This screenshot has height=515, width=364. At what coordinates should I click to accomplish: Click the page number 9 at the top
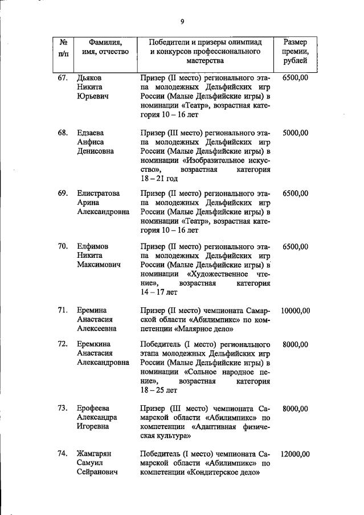click(x=182, y=22)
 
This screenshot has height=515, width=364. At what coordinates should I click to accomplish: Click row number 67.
click(x=63, y=77)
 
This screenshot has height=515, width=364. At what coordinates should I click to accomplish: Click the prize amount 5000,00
click(x=295, y=133)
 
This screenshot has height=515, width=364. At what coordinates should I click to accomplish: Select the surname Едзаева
click(x=92, y=133)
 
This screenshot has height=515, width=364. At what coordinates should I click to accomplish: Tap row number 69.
click(x=63, y=193)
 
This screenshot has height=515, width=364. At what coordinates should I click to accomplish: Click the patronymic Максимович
click(x=99, y=265)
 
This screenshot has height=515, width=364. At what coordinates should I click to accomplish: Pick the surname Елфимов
click(x=93, y=246)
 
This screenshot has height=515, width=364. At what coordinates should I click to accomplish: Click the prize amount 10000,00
click(x=295, y=311)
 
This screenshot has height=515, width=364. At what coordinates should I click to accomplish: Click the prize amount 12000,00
click(x=295, y=454)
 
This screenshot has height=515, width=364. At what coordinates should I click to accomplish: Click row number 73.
click(x=63, y=409)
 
